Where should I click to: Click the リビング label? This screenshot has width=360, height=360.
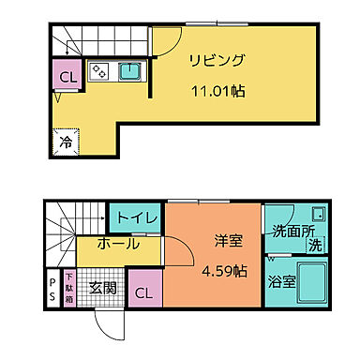(217, 61)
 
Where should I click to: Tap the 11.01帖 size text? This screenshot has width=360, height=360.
(217, 92)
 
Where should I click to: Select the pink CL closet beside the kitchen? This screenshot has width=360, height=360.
(67, 77)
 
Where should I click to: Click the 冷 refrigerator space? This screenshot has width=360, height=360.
(67, 142)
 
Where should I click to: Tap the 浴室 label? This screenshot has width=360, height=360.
(282, 280)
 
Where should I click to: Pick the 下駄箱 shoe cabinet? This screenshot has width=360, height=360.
(70, 287)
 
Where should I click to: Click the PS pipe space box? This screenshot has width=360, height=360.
(52, 288)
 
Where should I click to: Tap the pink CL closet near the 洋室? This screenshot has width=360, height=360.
(143, 292)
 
